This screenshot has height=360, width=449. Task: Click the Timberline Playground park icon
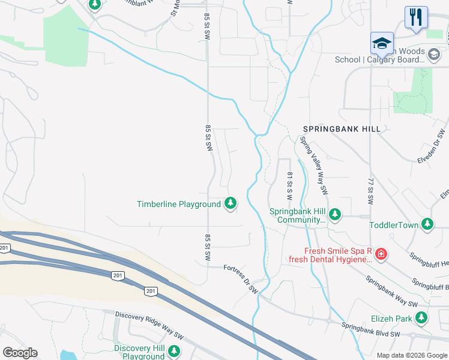pyautogui.click(x=230, y=204)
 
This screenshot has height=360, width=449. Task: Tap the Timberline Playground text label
pyautogui.click(x=179, y=205)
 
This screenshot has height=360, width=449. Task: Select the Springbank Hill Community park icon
pyautogui.click(x=335, y=214)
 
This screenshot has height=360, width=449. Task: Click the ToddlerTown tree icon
pyautogui.click(x=427, y=225)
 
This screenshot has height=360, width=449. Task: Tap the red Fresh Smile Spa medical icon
pyautogui.click(x=381, y=256)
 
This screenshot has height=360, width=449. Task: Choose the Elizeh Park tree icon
pyautogui.click(x=423, y=318)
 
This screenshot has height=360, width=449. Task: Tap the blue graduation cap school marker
pyautogui.click(x=382, y=44)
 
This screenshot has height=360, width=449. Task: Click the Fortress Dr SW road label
pyautogui.click(x=241, y=279)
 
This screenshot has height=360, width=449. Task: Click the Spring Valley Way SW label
pyautogui.click(x=315, y=165)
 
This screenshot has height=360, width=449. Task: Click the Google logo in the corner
pyautogui.click(x=20, y=353)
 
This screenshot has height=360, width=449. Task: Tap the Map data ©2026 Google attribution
pyautogui.click(x=411, y=355)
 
